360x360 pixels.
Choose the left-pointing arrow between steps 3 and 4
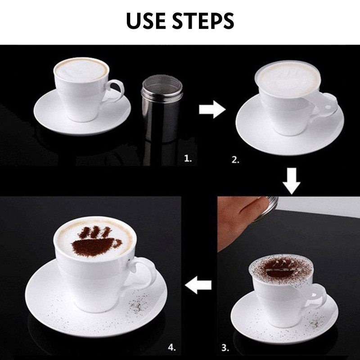tap(198, 285)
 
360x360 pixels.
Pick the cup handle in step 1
tap(114, 92)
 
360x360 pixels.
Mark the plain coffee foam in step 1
tap(81, 70)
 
